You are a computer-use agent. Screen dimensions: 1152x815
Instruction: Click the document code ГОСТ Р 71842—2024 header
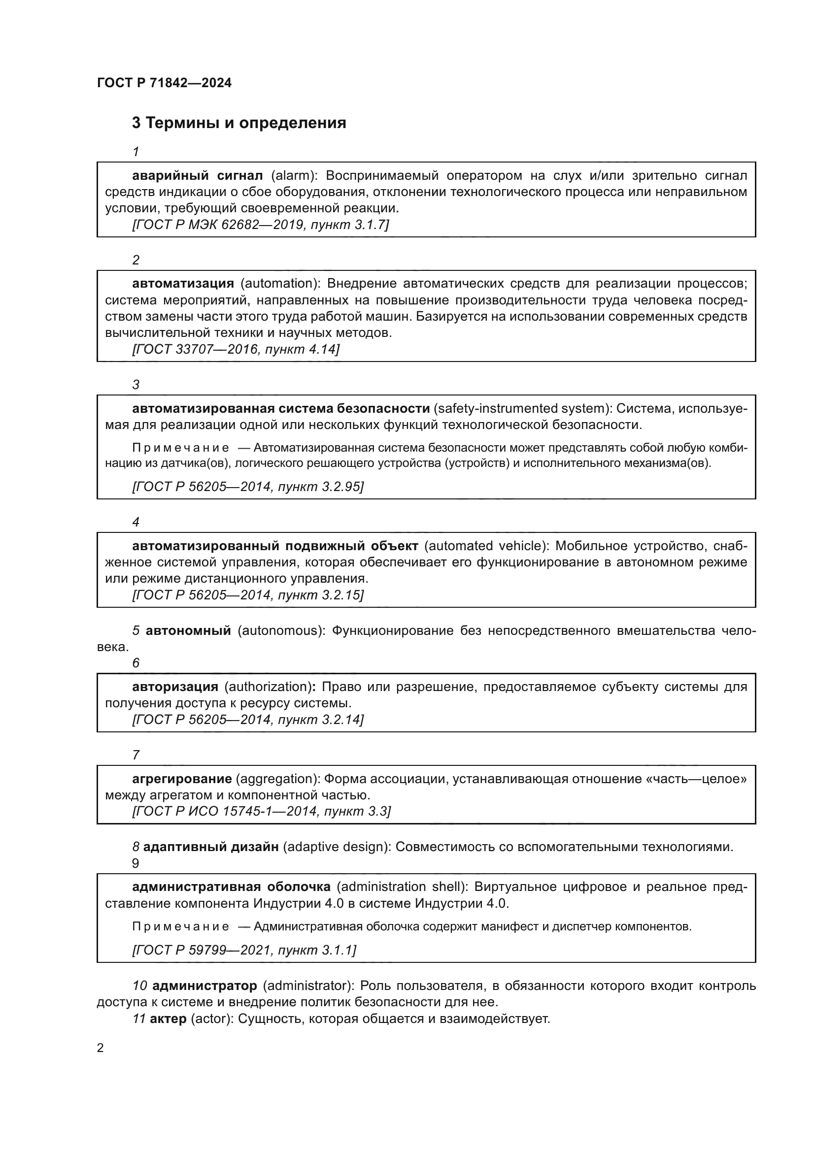tap(164, 83)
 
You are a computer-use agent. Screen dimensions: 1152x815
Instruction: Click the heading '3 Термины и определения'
tap(239, 123)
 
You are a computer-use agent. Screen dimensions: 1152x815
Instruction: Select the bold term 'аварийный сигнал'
tap(197, 176)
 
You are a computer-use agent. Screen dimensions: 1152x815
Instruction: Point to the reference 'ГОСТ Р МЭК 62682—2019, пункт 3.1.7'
tap(261, 224)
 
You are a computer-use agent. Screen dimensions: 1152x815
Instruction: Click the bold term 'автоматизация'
tap(183, 284)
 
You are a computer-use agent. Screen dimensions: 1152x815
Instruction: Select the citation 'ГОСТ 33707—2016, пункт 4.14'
tap(236, 349)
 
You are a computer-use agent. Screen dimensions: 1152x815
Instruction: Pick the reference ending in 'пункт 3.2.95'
tap(248, 486)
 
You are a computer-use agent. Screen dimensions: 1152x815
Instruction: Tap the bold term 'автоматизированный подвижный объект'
tap(275, 545)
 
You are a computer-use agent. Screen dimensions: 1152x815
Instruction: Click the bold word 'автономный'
tap(188, 631)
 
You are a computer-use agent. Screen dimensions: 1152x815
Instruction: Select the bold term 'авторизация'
tap(175, 687)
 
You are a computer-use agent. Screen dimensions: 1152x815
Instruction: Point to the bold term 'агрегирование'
tap(182, 779)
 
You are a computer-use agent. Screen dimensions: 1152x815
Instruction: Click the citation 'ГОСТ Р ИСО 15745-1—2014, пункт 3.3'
tap(262, 811)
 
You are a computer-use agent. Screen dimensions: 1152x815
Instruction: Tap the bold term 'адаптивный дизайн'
tap(211, 847)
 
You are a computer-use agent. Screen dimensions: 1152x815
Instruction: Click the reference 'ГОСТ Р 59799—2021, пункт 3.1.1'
tap(244, 950)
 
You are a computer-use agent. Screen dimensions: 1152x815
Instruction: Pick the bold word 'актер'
tap(168, 1019)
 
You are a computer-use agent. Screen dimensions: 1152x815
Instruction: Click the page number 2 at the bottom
tap(101, 1048)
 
